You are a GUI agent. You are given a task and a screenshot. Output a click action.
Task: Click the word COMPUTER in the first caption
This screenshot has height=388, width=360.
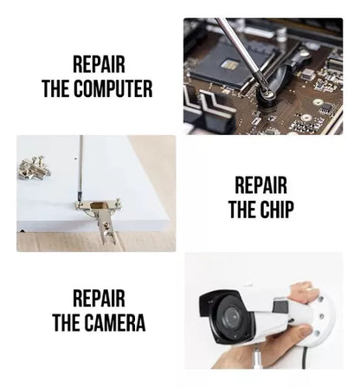click(x=112, y=88)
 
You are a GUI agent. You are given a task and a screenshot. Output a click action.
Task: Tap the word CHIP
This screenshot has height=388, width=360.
click(x=277, y=209)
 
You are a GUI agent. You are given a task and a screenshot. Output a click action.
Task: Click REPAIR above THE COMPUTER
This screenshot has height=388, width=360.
click(x=99, y=65)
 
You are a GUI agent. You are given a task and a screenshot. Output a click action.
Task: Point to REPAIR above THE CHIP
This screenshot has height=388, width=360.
click(x=260, y=185)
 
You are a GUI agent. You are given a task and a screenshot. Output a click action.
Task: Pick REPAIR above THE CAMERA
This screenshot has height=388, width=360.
click(x=99, y=299)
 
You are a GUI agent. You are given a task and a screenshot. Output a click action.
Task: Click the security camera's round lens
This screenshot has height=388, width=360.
click(x=232, y=316)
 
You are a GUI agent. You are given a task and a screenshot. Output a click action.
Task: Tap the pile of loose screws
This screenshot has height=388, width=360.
click(x=34, y=168)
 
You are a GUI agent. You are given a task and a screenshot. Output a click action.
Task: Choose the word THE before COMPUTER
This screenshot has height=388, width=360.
click(x=56, y=88)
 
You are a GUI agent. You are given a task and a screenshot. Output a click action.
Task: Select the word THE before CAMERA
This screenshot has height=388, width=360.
click(x=67, y=322)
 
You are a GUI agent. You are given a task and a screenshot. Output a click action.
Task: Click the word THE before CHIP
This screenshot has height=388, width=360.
click(x=243, y=209)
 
